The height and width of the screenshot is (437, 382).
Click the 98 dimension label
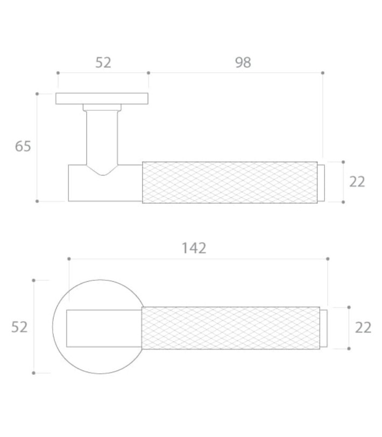pos(243,62)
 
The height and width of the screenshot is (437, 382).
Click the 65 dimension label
pos(23,146)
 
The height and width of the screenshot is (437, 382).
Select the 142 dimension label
pos(194,248)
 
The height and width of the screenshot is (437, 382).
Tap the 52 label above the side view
pos(103,62)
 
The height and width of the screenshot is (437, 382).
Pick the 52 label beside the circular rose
pos(19,327)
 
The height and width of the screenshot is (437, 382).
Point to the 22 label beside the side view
pos(357,182)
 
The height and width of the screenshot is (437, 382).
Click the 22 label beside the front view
pos(363,327)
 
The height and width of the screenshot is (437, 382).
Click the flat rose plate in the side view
pos(102,98)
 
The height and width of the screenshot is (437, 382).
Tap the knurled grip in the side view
pos(230,182)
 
